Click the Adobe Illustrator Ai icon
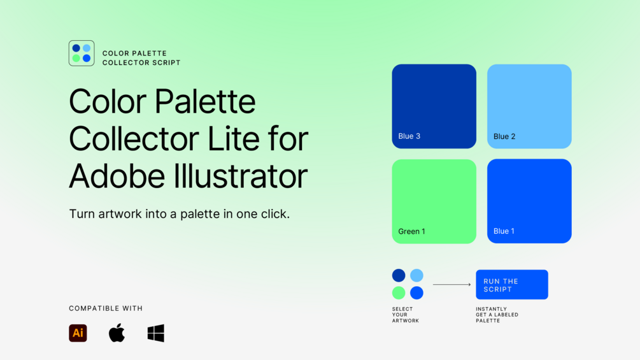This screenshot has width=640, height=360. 78,333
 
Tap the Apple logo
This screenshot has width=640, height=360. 117,333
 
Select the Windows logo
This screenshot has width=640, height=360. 156,333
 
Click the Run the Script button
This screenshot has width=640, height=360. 512,284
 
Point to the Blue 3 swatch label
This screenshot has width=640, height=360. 409,136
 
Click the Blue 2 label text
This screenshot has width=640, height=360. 504,136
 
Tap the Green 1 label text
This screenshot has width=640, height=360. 412,231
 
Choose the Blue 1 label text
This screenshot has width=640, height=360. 504,231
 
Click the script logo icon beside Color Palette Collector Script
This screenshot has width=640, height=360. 82,53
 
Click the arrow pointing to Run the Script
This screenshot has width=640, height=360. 452,284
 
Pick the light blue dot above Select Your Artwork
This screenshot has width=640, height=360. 416,275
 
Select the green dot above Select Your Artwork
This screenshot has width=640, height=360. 399,292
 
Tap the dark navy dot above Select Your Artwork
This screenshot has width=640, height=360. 399,275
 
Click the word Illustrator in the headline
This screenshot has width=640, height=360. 241,176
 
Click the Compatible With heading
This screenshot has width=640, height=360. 106,308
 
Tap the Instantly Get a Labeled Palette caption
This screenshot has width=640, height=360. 497,315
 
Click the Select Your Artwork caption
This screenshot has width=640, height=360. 406,315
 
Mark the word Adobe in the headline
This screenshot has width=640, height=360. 117,176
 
